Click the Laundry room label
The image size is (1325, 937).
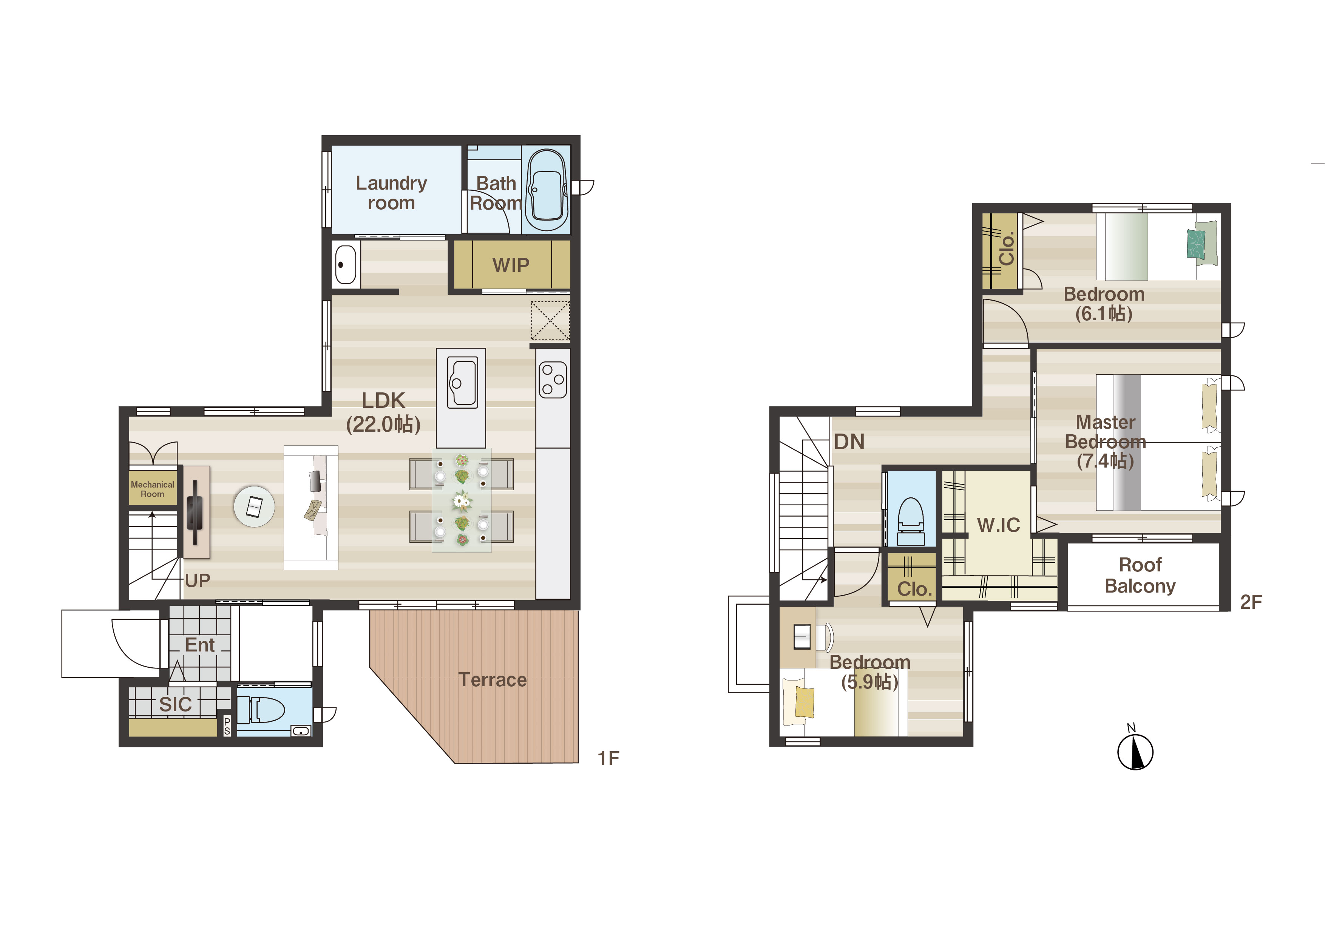(x=391, y=193)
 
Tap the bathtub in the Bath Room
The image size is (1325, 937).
(x=546, y=190)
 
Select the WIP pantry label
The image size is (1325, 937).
(x=511, y=265)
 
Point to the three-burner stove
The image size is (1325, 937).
(x=553, y=379)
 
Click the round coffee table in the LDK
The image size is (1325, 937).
(x=254, y=506)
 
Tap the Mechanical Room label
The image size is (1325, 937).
(x=152, y=489)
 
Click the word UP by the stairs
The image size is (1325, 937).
(x=198, y=580)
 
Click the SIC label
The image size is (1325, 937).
(x=175, y=704)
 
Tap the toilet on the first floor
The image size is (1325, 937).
(x=261, y=710)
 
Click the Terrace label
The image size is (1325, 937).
(x=492, y=680)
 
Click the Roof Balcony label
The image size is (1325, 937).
(x=1140, y=575)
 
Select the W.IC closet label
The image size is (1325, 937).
(x=998, y=525)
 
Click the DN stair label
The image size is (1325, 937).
(x=849, y=442)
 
